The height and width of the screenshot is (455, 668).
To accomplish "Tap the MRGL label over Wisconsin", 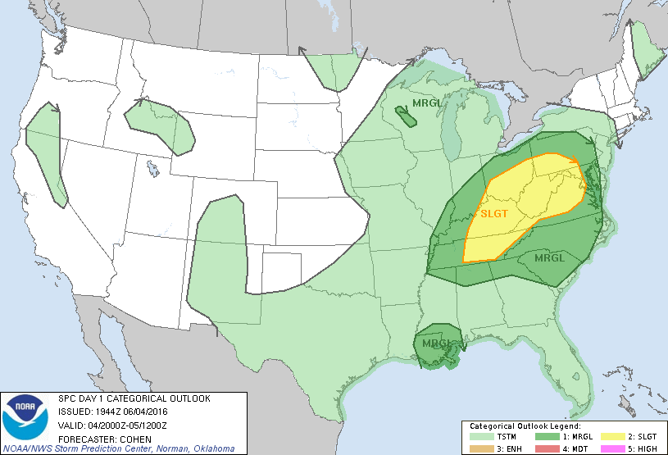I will click(426, 103).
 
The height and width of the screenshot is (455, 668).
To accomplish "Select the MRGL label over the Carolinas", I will click(550, 257).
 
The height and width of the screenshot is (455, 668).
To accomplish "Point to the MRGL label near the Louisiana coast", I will click(437, 343).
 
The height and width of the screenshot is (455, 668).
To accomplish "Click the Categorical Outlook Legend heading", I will click(525, 426).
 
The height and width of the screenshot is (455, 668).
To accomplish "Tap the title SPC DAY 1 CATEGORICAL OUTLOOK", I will click(134, 398).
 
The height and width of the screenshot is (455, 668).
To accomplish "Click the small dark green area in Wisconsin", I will click(404, 116).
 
